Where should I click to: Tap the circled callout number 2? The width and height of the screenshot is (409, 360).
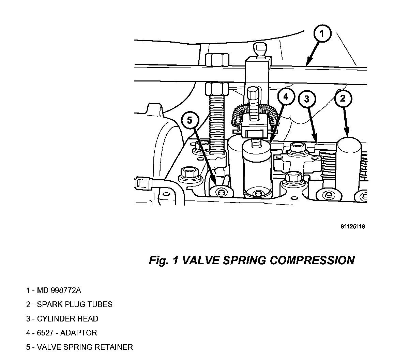343,99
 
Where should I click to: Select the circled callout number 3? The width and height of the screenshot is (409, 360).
307,99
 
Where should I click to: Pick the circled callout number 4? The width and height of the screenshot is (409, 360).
286,97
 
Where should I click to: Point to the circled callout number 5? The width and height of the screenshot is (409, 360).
190,120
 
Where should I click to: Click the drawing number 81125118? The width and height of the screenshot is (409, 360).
352,227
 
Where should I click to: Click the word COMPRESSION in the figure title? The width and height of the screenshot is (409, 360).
312,260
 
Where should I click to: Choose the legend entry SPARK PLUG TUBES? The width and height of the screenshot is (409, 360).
69,304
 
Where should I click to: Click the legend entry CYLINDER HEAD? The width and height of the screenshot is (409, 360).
62,319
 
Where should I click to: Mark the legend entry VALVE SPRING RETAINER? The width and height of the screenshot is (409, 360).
79,347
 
